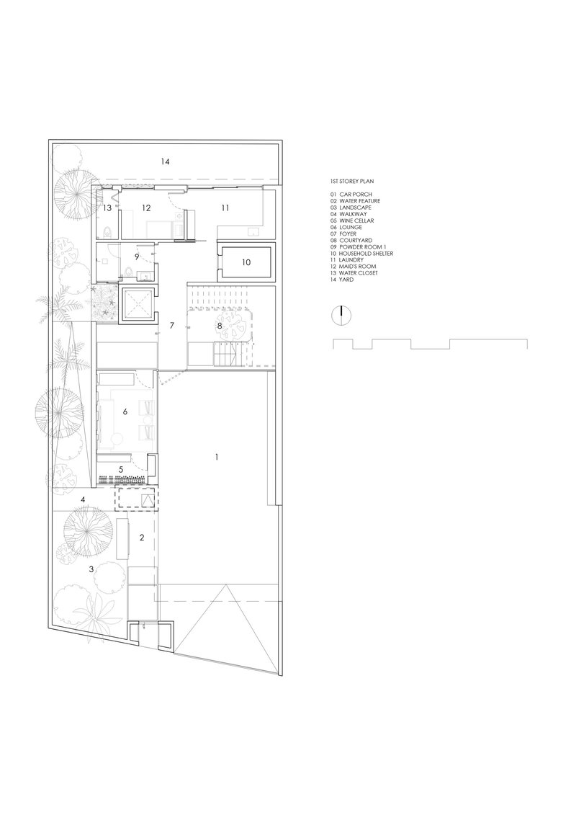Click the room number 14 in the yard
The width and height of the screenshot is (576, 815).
coord(166,162)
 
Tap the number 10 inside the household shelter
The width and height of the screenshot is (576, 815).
coord(246,263)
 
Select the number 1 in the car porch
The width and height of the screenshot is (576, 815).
coord(217,457)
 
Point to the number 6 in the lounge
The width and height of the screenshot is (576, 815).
coord(125,411)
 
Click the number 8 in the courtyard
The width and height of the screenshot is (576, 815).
coord(220,326)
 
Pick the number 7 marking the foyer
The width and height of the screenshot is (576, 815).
coord(172,326)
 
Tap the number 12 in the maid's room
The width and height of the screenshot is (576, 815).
coord(146,208)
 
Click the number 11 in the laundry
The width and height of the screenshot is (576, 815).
coord(225,208)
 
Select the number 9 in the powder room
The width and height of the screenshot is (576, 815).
coord(136,256)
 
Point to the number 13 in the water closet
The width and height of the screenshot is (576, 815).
coord(107,208)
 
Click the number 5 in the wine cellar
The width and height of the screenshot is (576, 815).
coord(122,468)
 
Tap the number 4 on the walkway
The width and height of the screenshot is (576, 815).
coord(84,499)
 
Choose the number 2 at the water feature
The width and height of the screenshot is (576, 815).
coord(142,537)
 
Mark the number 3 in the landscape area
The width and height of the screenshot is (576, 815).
coord(91,569)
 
